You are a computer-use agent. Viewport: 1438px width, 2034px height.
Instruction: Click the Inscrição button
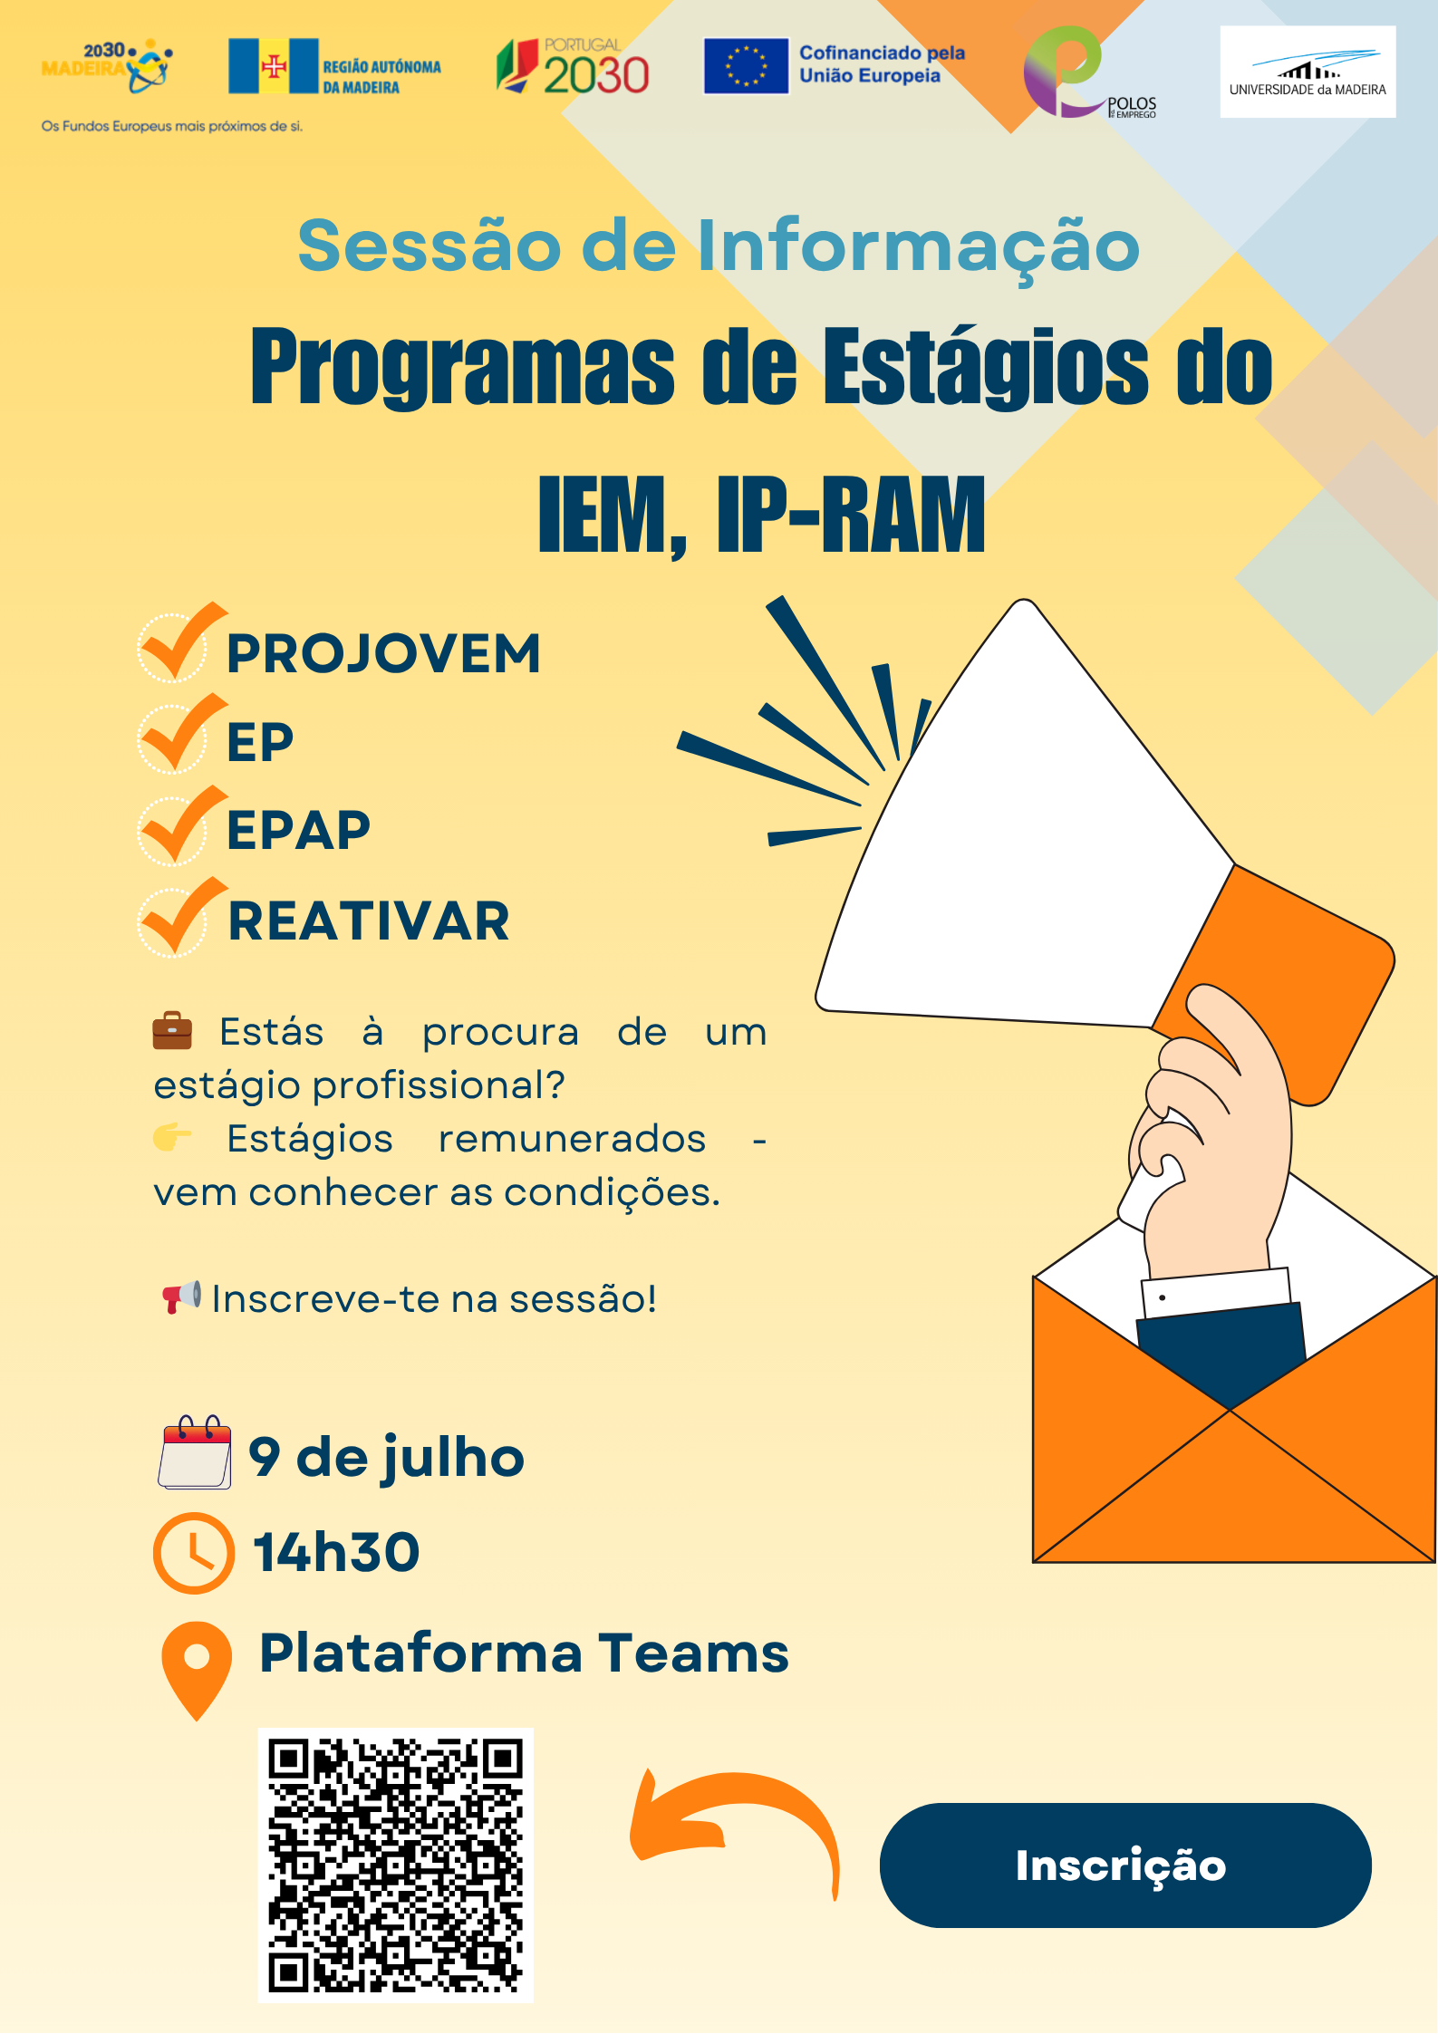1125,1865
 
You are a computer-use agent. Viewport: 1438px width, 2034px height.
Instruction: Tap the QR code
396,1864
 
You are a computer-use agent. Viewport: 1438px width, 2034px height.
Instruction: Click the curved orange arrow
734,1821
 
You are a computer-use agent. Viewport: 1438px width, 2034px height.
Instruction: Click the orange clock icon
194,1553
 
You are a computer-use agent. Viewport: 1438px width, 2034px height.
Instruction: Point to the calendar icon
195,1451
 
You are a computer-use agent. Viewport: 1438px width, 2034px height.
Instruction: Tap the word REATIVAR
369,921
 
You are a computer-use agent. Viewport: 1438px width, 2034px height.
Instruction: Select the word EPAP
299,830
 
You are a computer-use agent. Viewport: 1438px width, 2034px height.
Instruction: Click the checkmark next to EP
181,733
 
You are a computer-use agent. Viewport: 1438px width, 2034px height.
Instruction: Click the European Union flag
746,66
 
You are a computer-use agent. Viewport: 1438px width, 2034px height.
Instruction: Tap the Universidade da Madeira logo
1308,72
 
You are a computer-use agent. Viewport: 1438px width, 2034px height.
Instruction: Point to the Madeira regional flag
274,66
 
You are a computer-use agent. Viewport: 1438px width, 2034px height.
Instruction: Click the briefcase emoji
172,1031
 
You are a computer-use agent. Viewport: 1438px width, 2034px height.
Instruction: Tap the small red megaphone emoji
181,1297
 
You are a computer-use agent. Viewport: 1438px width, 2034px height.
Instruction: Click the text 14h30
337,1552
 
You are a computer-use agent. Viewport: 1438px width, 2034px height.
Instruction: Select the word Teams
694,1653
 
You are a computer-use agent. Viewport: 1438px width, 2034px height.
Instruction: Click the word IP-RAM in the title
851,515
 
